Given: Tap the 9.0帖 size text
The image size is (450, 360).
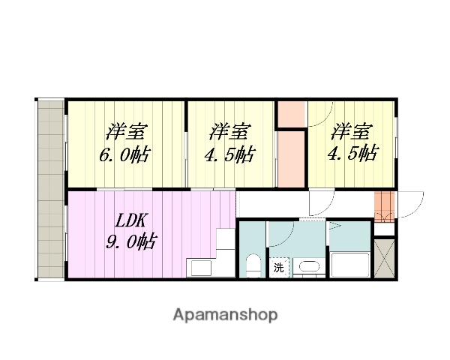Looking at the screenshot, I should pyautogui.click(x=130, y=242).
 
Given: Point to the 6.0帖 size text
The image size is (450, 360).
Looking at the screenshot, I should pyautogui.click(x=124, y=155).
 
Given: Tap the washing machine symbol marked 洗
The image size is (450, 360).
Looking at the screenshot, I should pyautogui.click(x=278, y=267).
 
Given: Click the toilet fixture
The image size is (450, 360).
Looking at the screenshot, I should pyautogui.click(x=253, y=265).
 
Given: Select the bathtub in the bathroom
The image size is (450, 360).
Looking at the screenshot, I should pyautogui.click(x=349, y=265).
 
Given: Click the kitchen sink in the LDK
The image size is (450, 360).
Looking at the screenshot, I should pyautogui.click(x=201, y=268).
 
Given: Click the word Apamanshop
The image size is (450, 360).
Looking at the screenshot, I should pyautogui.click(x=225, y=315).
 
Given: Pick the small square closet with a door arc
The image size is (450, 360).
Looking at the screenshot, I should pyautogui.click(x=292, y=113).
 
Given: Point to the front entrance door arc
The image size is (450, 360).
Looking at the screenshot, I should pyautogui.click(x=409, y=204).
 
